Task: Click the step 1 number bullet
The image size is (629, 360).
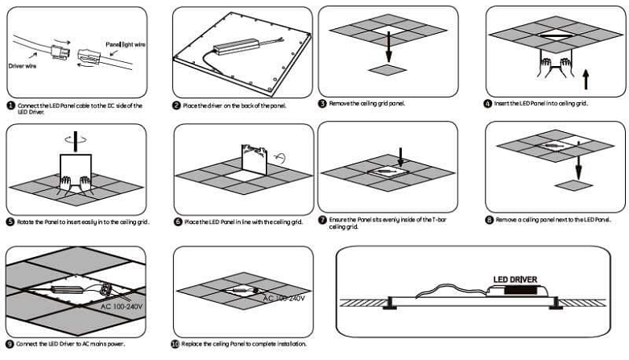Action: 10,106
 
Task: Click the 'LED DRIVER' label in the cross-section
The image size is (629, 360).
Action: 515,279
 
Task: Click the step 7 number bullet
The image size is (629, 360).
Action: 322,220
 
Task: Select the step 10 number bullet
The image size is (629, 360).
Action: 176,344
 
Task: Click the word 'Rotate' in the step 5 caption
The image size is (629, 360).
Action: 27,221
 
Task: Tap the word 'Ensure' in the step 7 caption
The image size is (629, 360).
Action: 339,219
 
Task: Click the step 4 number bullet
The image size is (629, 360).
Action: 487,104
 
